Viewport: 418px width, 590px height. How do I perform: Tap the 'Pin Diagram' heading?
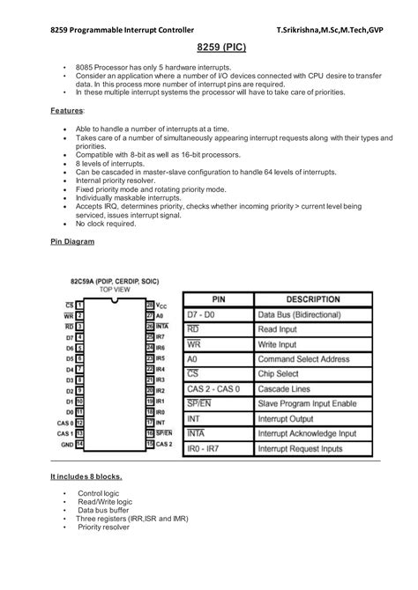68,240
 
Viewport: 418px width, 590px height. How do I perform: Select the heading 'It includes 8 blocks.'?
86,476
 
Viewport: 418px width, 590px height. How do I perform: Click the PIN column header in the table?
217,298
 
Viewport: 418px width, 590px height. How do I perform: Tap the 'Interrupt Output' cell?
287,418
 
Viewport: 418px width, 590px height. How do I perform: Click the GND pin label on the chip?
65,444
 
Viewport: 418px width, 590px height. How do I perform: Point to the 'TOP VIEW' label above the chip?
116,289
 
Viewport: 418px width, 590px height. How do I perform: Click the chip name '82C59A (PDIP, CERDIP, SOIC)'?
115,281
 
